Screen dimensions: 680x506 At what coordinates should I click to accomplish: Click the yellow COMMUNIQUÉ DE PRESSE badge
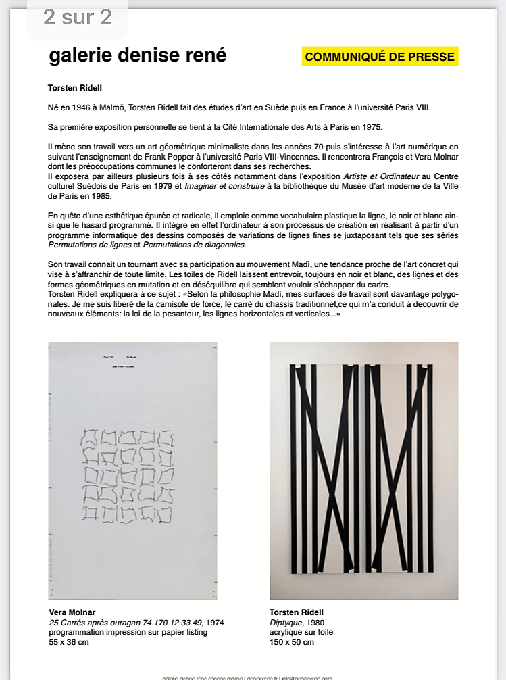(x=380, y=57)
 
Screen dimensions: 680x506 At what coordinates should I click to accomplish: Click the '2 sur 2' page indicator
(x=78, y=18)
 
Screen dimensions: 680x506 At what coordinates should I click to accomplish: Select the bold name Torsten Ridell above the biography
(x=75, y=88)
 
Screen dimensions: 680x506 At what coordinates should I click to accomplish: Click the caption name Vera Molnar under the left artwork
(x=72, y=612)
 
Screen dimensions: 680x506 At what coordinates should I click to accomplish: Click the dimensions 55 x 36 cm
(x=69, y=641)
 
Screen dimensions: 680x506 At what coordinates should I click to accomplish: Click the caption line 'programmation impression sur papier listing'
(x=128, y=632)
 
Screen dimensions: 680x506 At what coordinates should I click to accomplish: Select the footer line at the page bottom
(x=247, y=677)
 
